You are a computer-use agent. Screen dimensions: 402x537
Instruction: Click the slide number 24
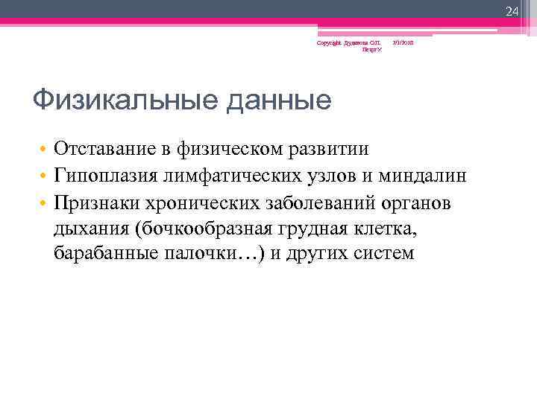click(512, 11)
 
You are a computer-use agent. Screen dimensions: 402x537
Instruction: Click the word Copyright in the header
click(328, 43)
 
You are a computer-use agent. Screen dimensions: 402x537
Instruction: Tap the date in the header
click(403, 43)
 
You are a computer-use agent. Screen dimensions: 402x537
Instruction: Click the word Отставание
click(103, 149)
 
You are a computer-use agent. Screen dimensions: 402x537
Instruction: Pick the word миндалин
click(422, 176)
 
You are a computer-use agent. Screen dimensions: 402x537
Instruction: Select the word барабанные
click(104, 253)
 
